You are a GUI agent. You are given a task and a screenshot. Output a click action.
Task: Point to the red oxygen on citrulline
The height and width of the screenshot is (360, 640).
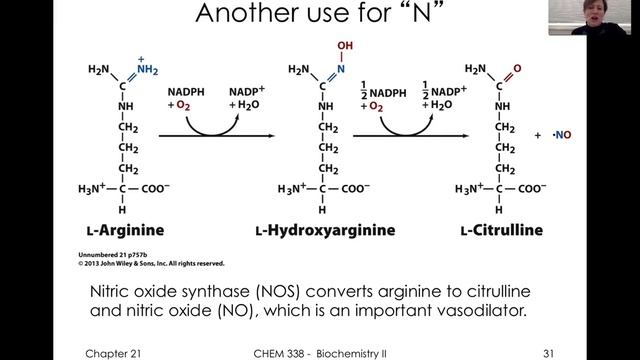(517, 70)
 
